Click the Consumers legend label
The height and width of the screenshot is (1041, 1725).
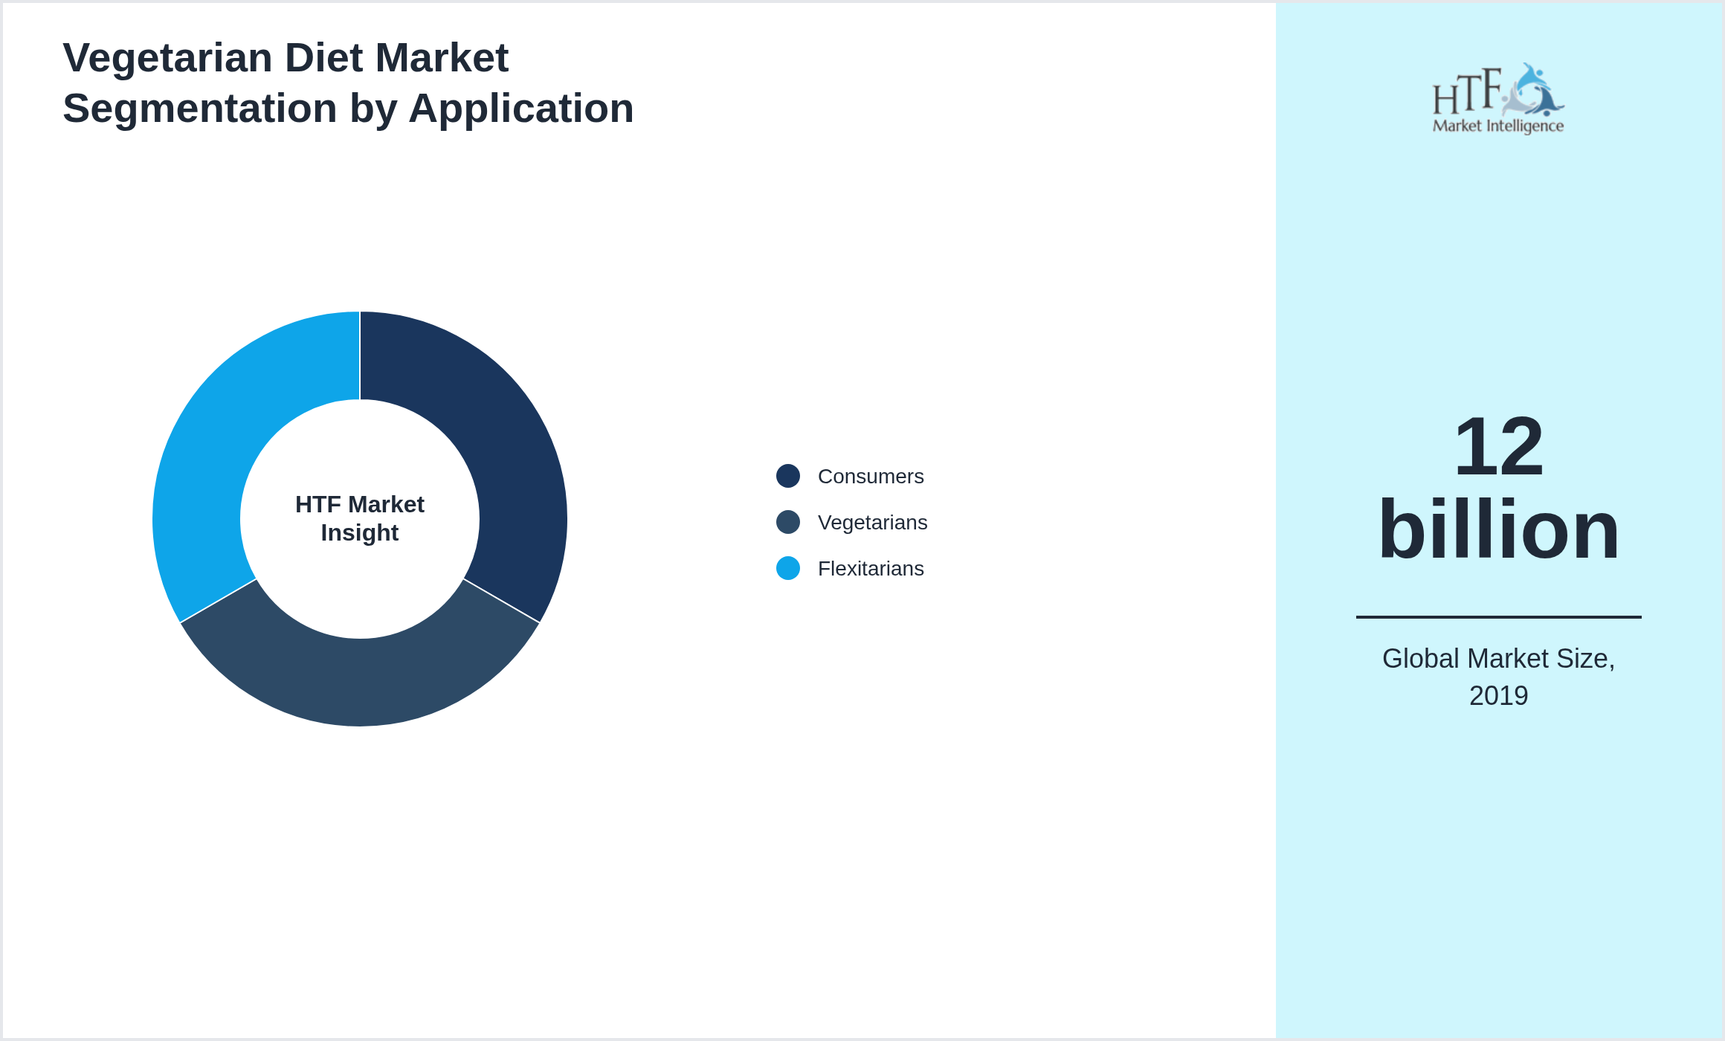click(871, 477)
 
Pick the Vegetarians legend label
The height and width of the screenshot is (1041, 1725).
click(872, 523)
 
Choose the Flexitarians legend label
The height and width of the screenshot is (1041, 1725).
click(871, 569)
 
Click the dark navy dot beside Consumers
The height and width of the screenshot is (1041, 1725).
click(788, 476)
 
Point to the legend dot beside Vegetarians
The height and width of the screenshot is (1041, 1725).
click(788, 522)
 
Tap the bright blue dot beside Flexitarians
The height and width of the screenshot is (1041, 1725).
click(788, 568)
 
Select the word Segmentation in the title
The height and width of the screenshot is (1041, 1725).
click(199, 109)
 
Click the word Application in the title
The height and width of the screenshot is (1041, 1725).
click(520, 109)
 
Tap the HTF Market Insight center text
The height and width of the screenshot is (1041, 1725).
click(360, 518)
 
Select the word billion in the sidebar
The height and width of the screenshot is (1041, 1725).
click(1498, 529)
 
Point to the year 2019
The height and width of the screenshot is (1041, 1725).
click(1498, 696)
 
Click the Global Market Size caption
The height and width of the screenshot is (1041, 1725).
click(1498, 659)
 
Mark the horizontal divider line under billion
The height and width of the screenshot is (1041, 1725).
click(1498, 616)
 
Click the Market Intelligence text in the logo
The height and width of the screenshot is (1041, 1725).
click(1498, 126)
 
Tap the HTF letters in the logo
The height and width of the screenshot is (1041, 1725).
click(1466, 93)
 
